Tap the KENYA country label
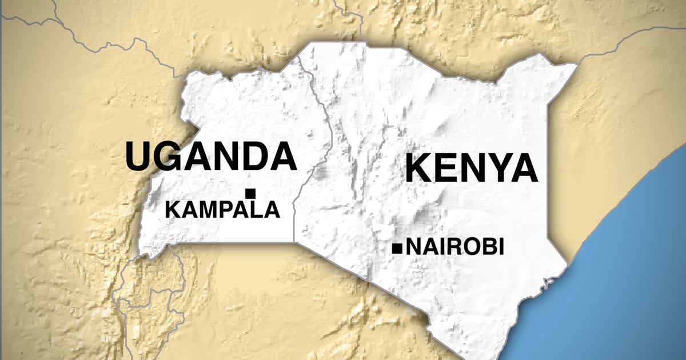[x=472, y=169]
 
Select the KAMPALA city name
[x=222, y=210]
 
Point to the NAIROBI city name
[x=454, y=247]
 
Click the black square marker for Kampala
[x=250, y=193]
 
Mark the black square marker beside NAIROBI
[x=396, y=248]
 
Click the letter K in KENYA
[x=420, y=169]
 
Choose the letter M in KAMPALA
[x=206, y=210]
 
